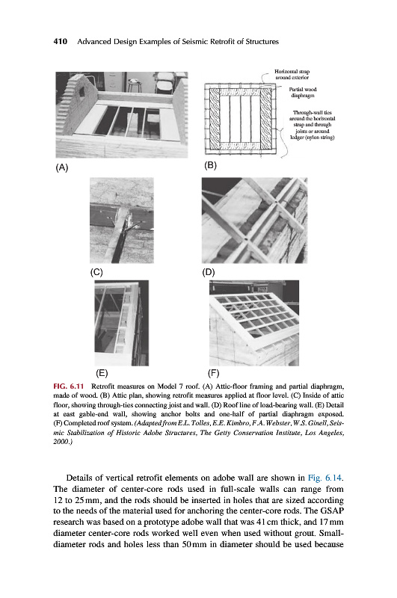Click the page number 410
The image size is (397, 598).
click(x=61, y=41)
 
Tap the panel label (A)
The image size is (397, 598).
click(x=62, y=167)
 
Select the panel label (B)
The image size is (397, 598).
click(x=210, y=165)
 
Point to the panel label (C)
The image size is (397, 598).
click(x=96, y=272)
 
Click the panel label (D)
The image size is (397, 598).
click(x=209, y=272)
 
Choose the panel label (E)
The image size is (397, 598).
click(x=102, y=373)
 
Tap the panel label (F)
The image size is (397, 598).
click(x=213, y=373)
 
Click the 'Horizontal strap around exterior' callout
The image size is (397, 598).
click(x=292, y=74)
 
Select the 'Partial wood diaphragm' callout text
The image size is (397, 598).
click(x=303, y=92)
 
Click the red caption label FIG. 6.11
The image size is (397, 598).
click(x=69, y=386)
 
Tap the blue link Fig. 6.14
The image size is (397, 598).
click(x=325, y=478)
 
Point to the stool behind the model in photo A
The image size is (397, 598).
click(x=134, y=84)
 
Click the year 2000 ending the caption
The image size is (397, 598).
click(x=62, y=442)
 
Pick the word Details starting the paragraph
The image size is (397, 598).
click(x=80, y=478)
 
